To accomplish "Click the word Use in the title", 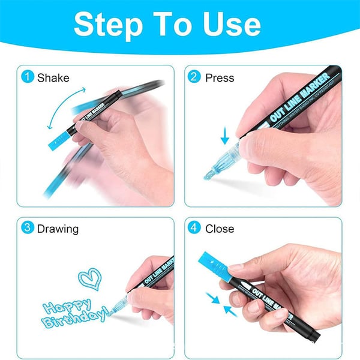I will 230,25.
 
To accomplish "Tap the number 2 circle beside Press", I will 194,77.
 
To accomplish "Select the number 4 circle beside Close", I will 194,229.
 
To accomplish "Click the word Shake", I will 53,77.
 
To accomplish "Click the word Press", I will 220,77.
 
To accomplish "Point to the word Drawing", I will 58,229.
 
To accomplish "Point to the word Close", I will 220,229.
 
